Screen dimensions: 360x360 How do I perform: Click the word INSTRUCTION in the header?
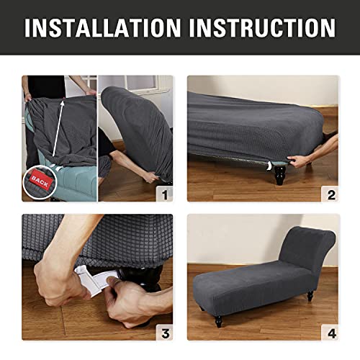point(258,27)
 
